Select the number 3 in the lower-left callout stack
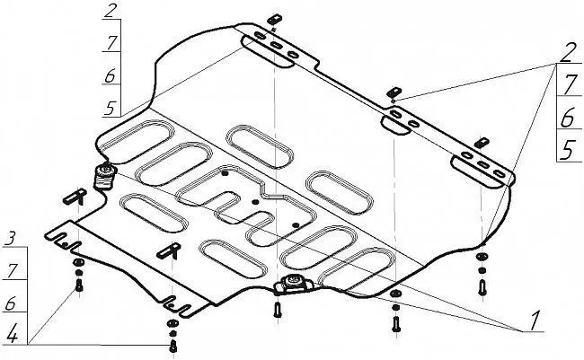tap(12, 238)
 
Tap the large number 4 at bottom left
tap(13, 334)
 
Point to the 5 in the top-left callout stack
tap(111, 108)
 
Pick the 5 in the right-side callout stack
tap(568, 150)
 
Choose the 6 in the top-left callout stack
tap(110, 75)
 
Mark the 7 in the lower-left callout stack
tap(13, 270)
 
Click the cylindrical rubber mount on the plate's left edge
tap(104, 177)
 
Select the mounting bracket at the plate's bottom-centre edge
tap(293, 285)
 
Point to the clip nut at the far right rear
tap(482, 142)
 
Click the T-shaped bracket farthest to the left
tap(75, 197)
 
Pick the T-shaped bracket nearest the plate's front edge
tap(169, 250)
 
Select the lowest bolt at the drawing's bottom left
tap(173, 347)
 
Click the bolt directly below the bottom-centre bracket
tap(277, 310)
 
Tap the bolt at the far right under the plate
tap(482, 287)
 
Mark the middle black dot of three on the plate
tap(255, 202)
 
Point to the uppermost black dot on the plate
tap(225, 174)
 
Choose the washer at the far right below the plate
tap(482, 257)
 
